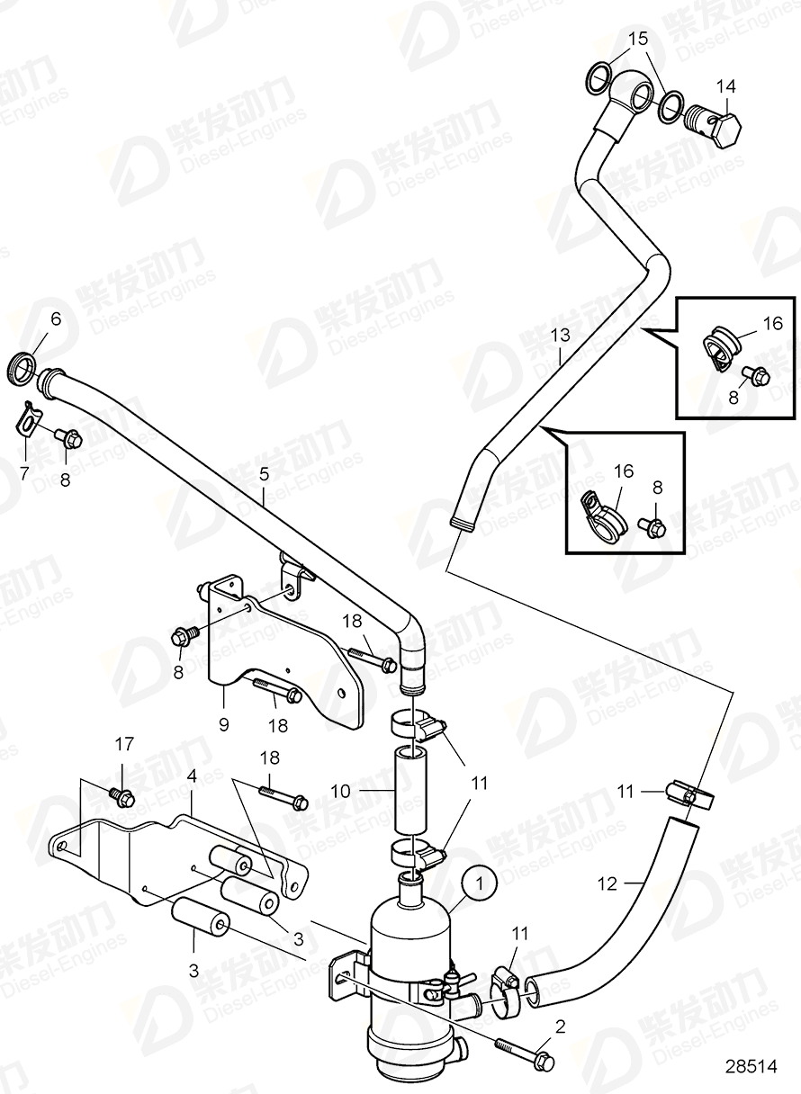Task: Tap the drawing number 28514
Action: pos(751,1066)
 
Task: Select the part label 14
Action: pos(725,86)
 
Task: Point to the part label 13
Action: pos(561,335)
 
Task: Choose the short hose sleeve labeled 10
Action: pos(408,788)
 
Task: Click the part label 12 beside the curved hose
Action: pos(607,883)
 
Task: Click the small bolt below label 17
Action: pos(121,795)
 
